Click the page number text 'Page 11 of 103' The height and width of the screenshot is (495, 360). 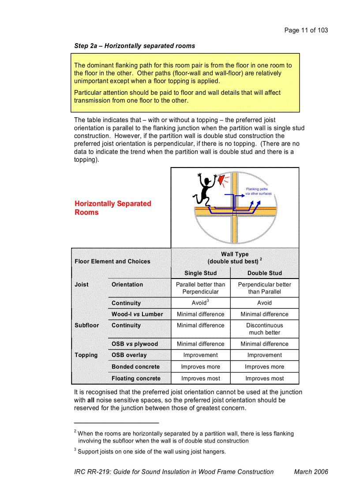pyautogui.click(x=306, y=30)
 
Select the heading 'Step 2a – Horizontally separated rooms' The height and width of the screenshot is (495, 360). pyautogui.click(x=135, y=46)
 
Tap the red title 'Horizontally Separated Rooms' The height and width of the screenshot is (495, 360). pyautogui.click(x=112, y=208)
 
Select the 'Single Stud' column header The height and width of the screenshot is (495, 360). pyautogui.click(x=200, y=273)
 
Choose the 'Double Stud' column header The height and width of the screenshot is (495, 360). pyautogui.click(x=264, y=273)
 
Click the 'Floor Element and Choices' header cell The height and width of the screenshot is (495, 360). pyautogui.click(x=112, y=261)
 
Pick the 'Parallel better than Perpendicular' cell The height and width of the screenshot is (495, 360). pyautogui.click(x=200, y=288)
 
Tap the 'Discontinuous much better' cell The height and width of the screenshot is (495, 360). pyautogui.click(x=264, y=329)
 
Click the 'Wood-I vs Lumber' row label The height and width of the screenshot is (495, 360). pyautogui.click(x=137, y=314)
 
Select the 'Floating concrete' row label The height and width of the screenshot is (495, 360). pyautogui.click(x=136, y=378)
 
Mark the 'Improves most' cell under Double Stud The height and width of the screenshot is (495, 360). pyautogui.click(x=264, y=378)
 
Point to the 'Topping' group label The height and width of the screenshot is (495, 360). pyautogui.click(x=86, y=355)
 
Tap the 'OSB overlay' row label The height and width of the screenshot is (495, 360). pyautogui.click(x=129, y=355)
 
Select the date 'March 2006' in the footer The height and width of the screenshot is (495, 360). pyautogui.click(x=311, y=472)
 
